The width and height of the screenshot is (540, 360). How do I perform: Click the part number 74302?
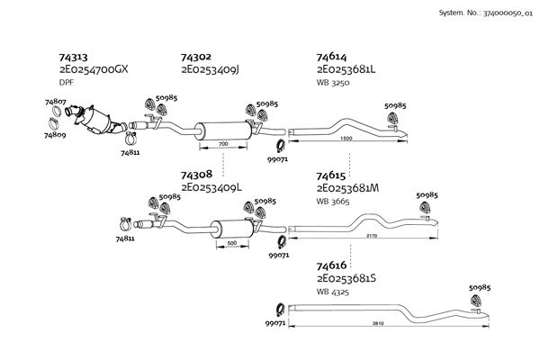click(x=197, y=56)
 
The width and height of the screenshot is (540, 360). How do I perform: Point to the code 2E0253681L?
click(x=347, y=69)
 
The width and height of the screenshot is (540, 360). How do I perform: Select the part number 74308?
click(x=197, y=174)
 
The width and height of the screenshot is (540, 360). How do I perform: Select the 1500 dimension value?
click(x=347, y=139)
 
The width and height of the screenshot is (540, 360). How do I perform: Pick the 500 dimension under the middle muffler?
click(x=231, y=244)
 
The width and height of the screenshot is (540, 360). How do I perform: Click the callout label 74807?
click(x=56, y=103)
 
